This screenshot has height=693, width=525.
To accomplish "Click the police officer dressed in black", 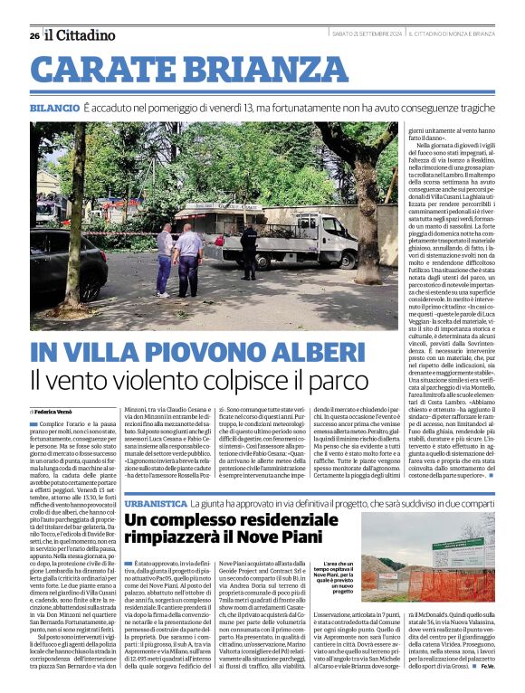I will point(249,251).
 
